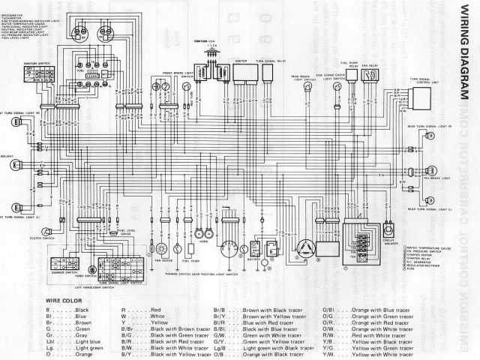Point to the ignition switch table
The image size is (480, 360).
40,74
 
